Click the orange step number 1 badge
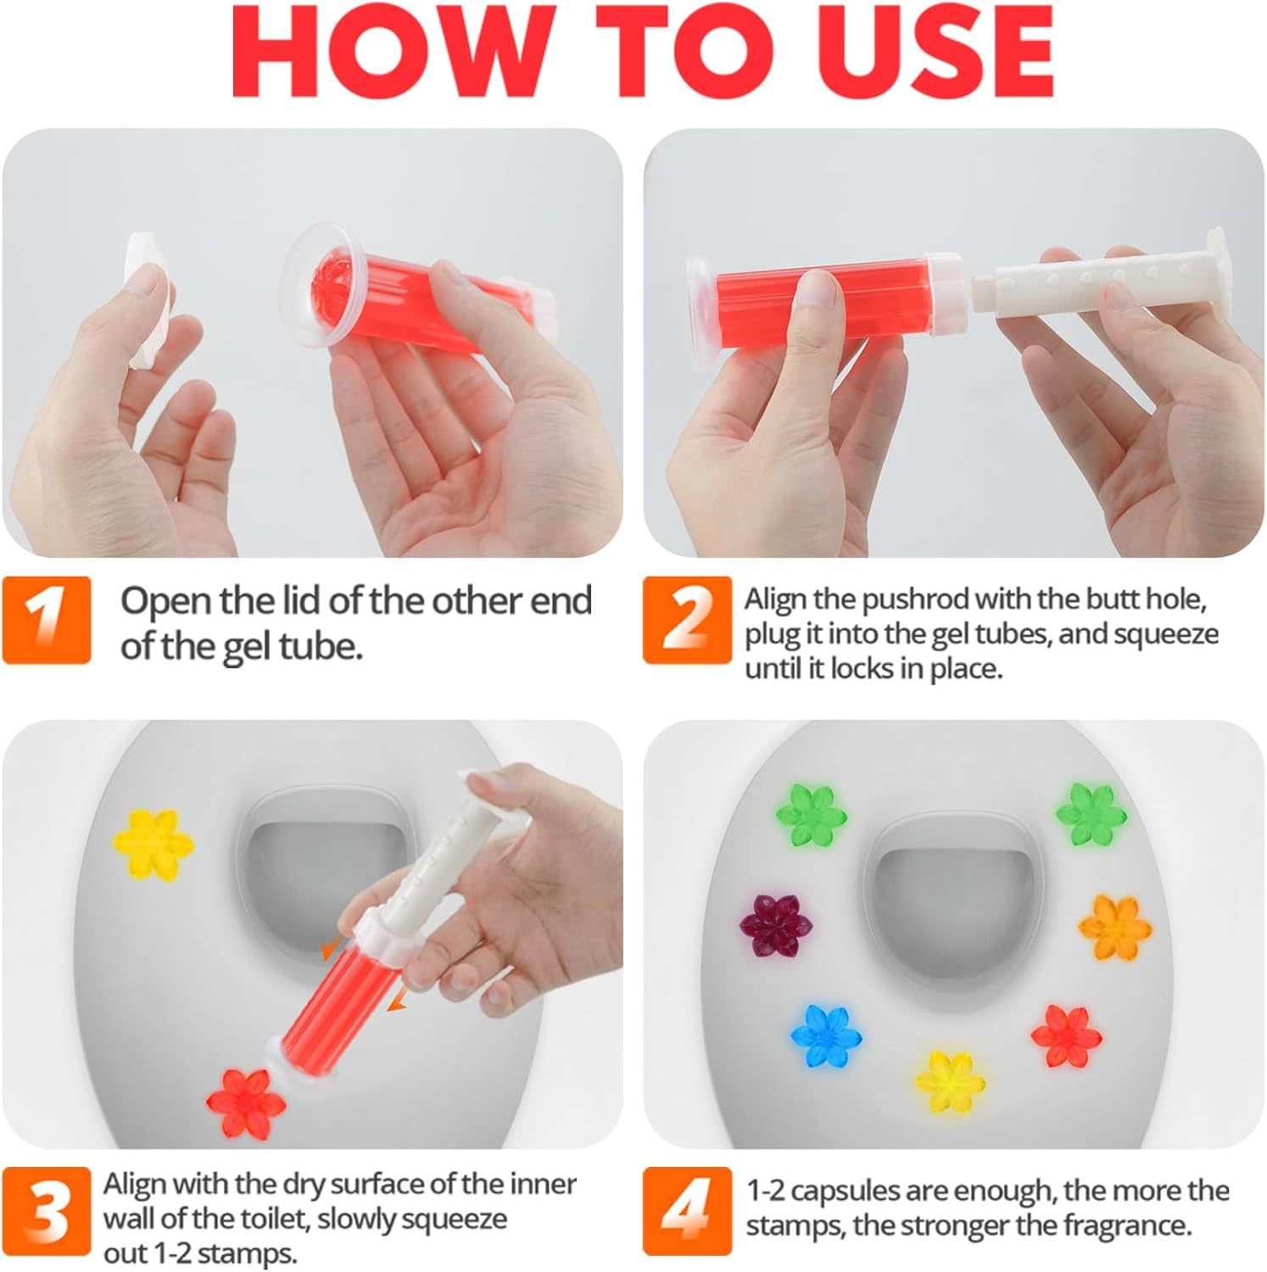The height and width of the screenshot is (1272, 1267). (x=47, y=619)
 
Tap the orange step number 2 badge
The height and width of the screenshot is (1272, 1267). (x=687, y=619)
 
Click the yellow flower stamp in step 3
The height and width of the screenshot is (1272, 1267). (x=153, y=844)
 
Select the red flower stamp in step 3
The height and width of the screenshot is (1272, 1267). (x=246, y=1102)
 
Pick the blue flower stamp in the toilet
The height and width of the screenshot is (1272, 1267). (x=826, y=1035)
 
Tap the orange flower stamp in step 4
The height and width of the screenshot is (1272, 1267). (x=1114, y=927)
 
